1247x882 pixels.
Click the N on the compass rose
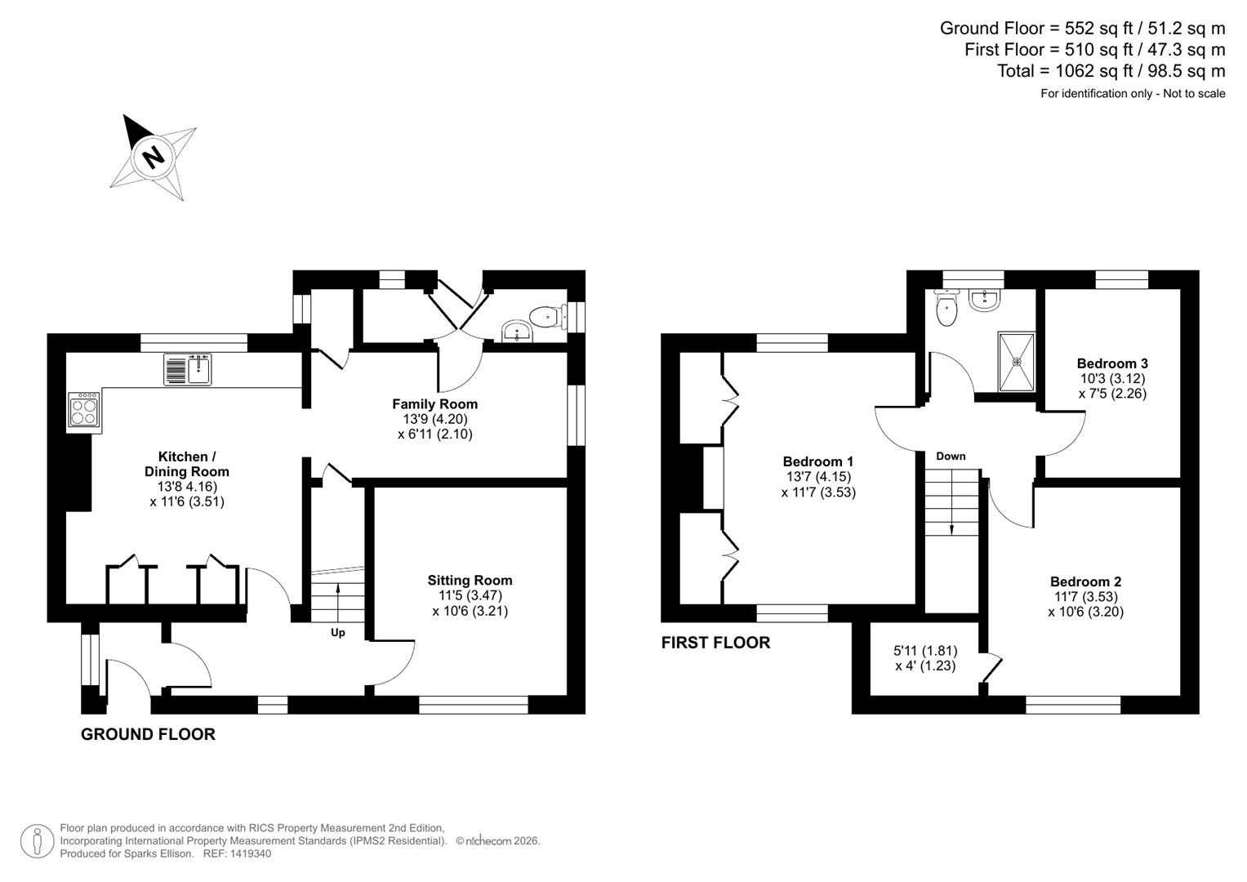point(152,156)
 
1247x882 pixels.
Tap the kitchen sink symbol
point(188,369)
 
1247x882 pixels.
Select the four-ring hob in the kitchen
point(85,408)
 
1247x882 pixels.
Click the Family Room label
point(434,404)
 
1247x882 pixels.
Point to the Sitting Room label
point(470,581)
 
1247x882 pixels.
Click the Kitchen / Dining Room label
point(187,464)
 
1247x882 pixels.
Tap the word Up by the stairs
point(338,633)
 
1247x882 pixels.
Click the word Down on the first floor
point(951,457)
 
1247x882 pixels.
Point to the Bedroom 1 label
point(817,462)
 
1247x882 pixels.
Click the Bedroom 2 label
point(1085,581)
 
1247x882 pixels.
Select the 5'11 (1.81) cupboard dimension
point(925,651)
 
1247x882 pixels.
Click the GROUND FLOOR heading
point(148,734)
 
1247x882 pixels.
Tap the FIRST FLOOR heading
point(715,643)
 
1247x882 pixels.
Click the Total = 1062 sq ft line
point(1111,71)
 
